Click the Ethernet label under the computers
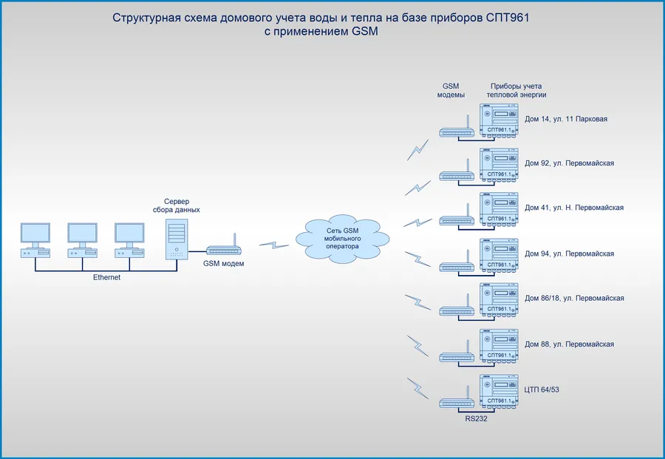tap(106, 277)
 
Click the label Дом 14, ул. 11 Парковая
tap(565, 118)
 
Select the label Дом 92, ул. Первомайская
tap(569, 163)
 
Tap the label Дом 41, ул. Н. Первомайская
tap(574, 208)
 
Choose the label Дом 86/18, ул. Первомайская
tap(574, 299)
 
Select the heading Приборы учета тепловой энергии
tap(516, 90)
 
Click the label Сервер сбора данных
tap(182, 205)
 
